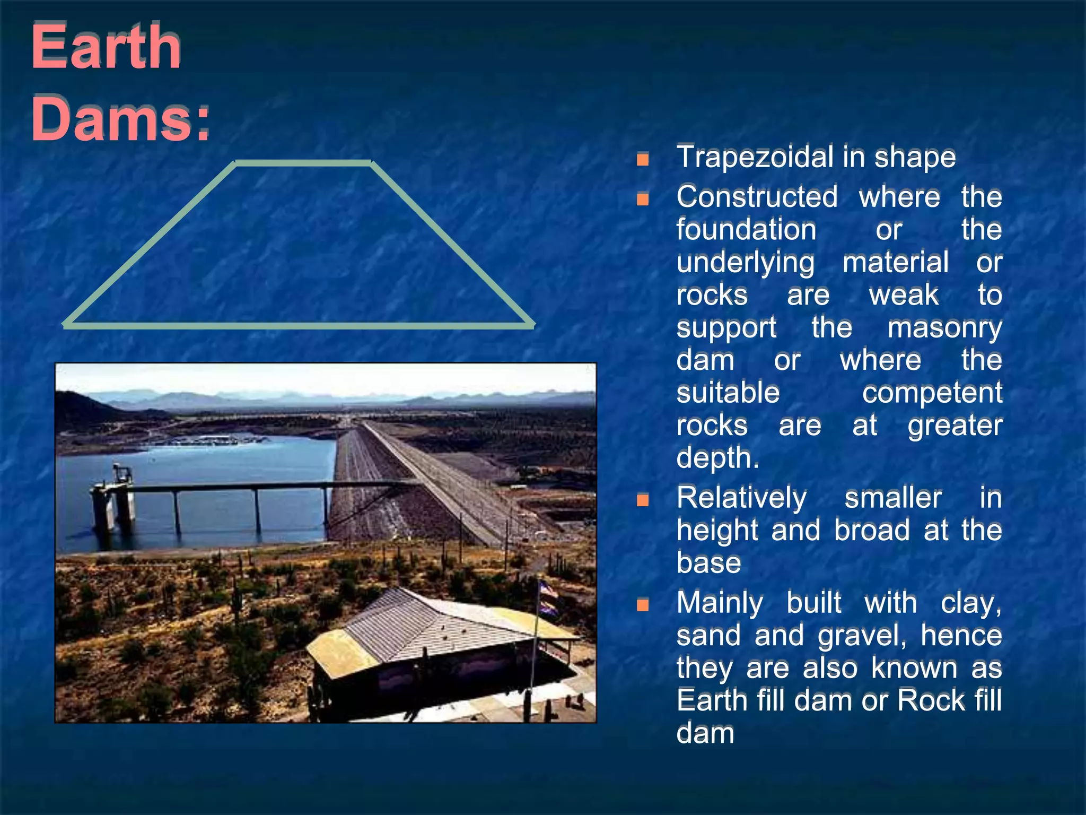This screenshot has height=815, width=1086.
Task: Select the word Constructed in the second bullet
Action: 757,197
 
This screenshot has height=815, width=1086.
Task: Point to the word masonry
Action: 944,328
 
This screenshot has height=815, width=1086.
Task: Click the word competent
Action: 932,393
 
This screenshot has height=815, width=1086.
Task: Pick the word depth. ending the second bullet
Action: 717,458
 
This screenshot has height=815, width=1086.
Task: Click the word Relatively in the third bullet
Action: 741,498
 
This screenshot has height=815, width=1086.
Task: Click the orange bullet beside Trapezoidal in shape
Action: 643,159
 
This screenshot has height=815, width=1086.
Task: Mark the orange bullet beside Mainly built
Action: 643,604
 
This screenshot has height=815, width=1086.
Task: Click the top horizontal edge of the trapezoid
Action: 303,163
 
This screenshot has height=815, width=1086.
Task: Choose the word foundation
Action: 746,230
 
